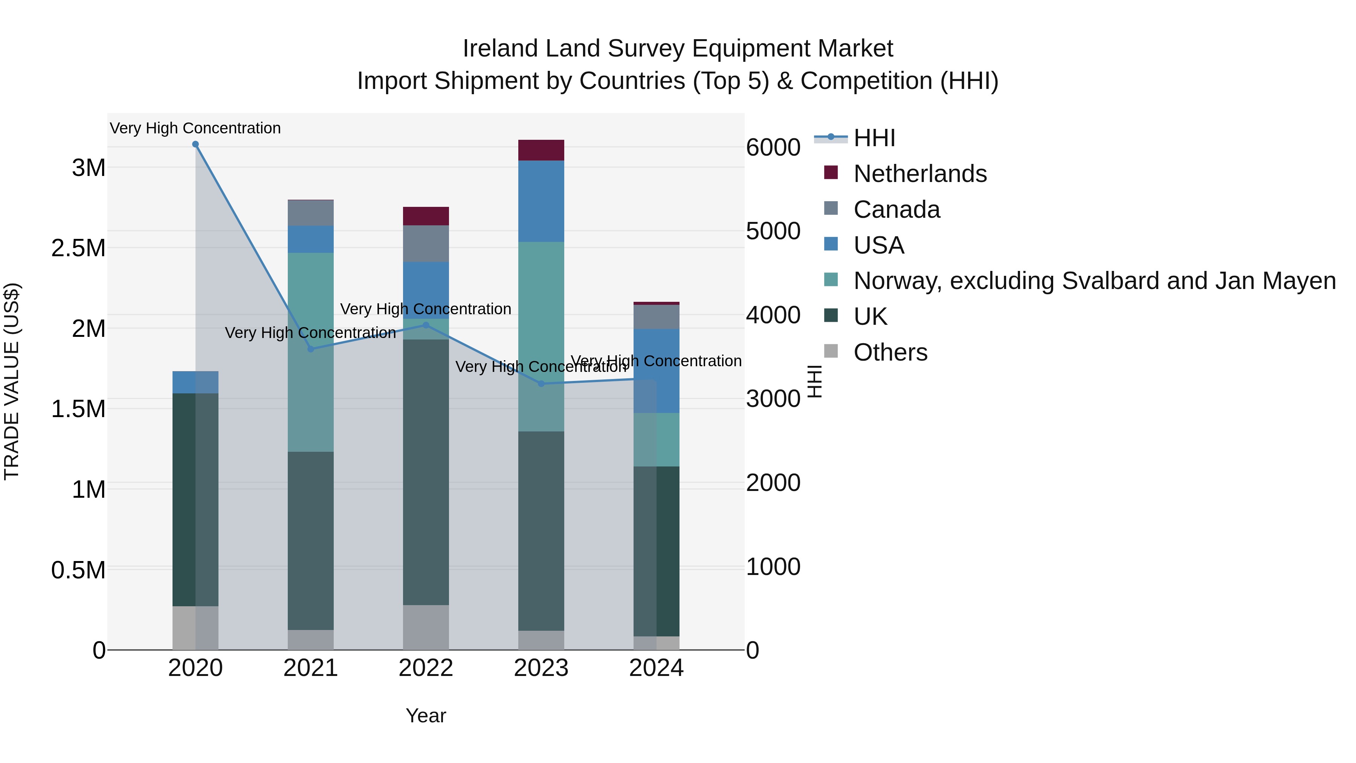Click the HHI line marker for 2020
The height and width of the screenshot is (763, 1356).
coord(195,144)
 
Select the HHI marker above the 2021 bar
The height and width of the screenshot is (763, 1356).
coord(311,349)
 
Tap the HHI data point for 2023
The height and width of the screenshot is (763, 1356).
coord(541,384)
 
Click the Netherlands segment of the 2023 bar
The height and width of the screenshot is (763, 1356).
coord(541,150)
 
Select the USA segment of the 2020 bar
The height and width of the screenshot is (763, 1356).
coord(195,382)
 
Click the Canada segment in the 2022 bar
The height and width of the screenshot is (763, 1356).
coord(426,243)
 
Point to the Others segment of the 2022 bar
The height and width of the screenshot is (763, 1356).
coord(426,627)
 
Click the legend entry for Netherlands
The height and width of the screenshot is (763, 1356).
coord(919,174)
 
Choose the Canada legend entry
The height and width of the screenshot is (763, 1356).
coord(896,209)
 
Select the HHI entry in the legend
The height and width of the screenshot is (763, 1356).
coord(874,138)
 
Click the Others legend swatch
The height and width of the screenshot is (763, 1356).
coord(831,351)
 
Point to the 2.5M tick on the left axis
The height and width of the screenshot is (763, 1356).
coord(78,248)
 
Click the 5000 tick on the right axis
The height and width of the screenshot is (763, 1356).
coord(773,231)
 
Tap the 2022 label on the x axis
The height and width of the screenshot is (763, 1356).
coord(426,668)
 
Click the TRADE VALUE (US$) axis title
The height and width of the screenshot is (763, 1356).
coord(12,381)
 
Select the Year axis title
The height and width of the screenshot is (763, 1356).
coord(426,716)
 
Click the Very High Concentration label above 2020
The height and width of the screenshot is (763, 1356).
coord(195,128)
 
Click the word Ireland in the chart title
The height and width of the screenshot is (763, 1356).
coord(500,49)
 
